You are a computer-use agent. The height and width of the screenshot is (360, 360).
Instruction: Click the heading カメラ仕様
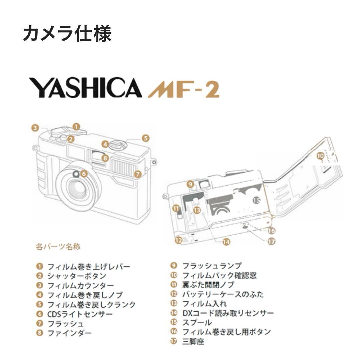click(x=67, y=34)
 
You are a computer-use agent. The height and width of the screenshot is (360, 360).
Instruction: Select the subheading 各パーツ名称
click(x=58, y=247)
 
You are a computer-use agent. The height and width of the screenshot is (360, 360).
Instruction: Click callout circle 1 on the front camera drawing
click(x=76, y=127)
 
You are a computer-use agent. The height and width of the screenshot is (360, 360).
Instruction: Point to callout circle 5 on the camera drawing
click(x=145, y=138)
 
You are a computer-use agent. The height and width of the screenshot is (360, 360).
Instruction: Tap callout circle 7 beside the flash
click(x=138, y=174)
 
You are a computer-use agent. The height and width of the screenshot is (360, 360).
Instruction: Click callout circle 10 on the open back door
click(x=320, y=155)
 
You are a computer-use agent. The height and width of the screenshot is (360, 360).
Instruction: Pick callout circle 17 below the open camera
click(x=272, y=242)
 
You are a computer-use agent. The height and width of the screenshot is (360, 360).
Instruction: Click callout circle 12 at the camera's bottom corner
click(x=179, y=240)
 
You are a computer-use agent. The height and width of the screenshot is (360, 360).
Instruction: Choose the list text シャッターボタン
click(x=77, y=276)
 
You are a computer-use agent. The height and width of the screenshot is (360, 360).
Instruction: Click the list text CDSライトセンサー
click(x=80, y=314)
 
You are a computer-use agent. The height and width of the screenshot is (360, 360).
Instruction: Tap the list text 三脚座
click(x=193, y=342)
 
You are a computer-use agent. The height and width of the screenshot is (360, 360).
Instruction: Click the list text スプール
click(x=197, y=323)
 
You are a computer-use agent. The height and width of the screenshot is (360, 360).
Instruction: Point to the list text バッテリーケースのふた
click(x=223, y=294)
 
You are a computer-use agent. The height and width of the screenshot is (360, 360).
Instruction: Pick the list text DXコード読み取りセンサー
click(x=228, y=313)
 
